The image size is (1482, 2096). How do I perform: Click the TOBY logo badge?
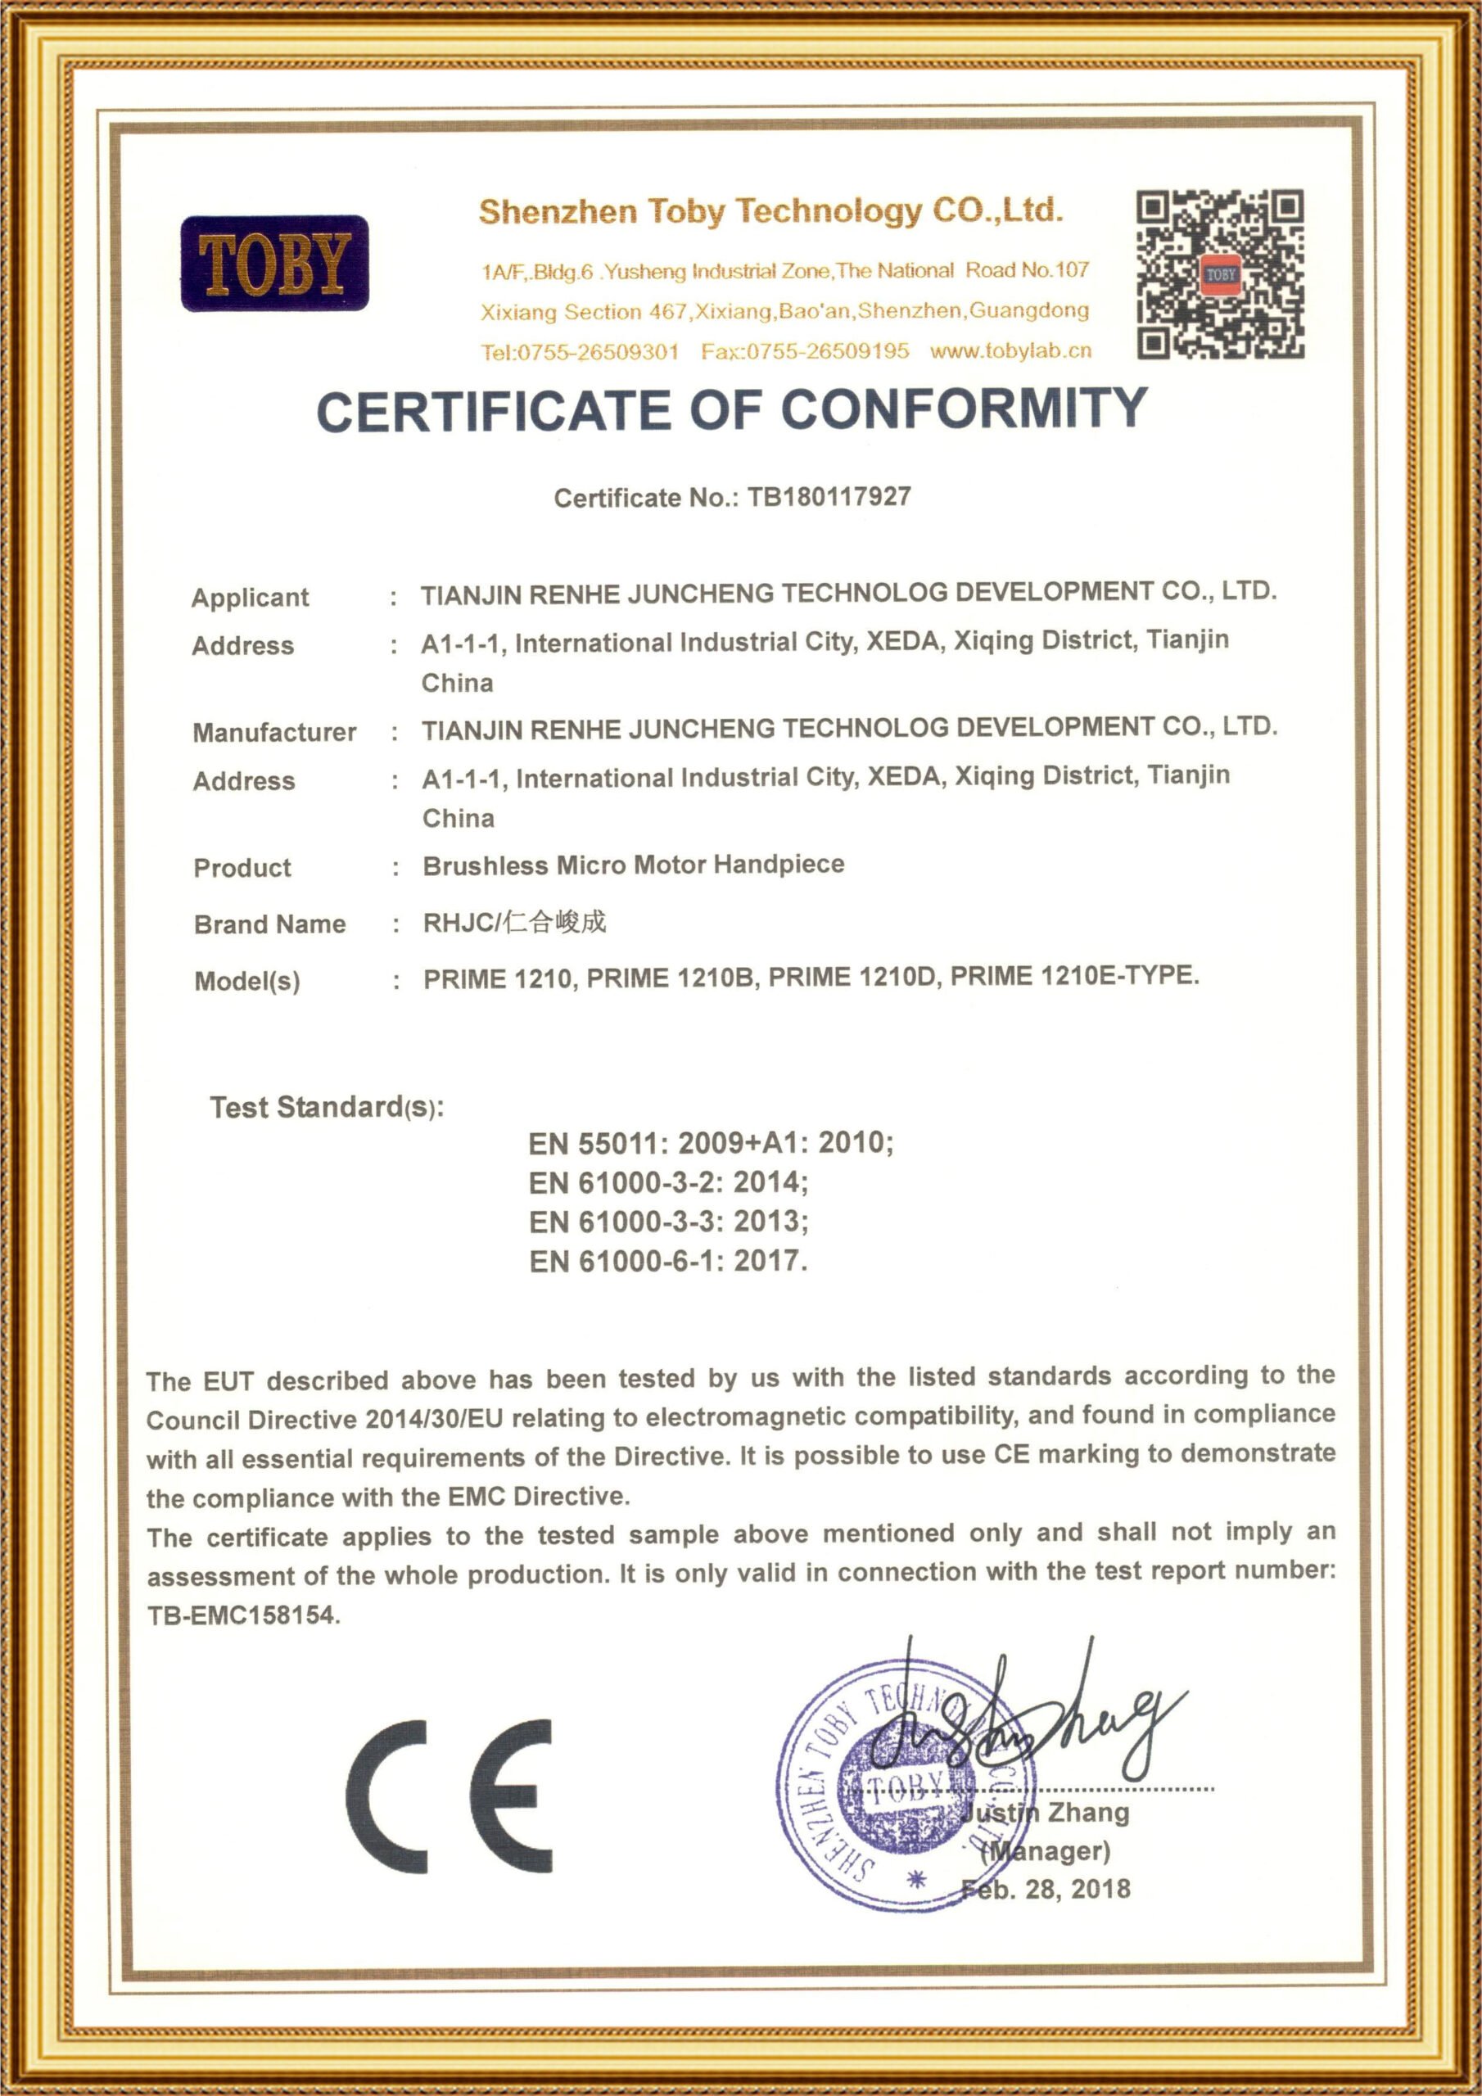tap(275, 263)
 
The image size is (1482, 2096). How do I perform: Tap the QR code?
tap(1220, 273)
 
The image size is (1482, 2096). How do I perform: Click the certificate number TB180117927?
tap(829, 497)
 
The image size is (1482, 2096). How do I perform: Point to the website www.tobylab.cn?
tap(1011, 351)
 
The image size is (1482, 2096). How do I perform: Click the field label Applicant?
tap(251, 598)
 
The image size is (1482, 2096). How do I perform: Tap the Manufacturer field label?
tap(274, 732)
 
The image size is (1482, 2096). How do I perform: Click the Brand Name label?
tap(269, 924)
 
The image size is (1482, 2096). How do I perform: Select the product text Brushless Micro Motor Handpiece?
tap(633, 865)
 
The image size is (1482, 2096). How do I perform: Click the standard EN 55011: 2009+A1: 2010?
tap(711, 1142)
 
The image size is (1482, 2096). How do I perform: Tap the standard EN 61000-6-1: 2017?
tap(667, 1262)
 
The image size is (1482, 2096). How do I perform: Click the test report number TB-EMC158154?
tap(243, 1615)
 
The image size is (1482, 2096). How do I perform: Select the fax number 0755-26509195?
tap(827, 351)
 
